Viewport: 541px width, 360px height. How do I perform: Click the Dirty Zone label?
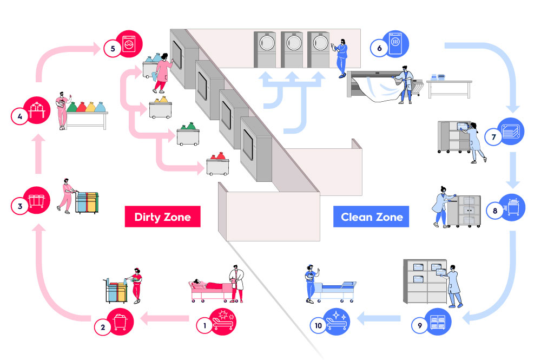click(162, 217)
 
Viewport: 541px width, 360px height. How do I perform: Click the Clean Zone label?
click(372, 217)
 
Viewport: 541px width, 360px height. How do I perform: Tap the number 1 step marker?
click(204, 325)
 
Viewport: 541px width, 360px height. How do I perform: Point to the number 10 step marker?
click(318, 325)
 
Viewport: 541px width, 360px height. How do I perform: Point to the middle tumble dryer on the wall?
click(292, 48)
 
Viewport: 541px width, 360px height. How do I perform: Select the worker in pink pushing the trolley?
click(67, 195)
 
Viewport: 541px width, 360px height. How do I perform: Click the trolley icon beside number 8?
click(512, 206)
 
